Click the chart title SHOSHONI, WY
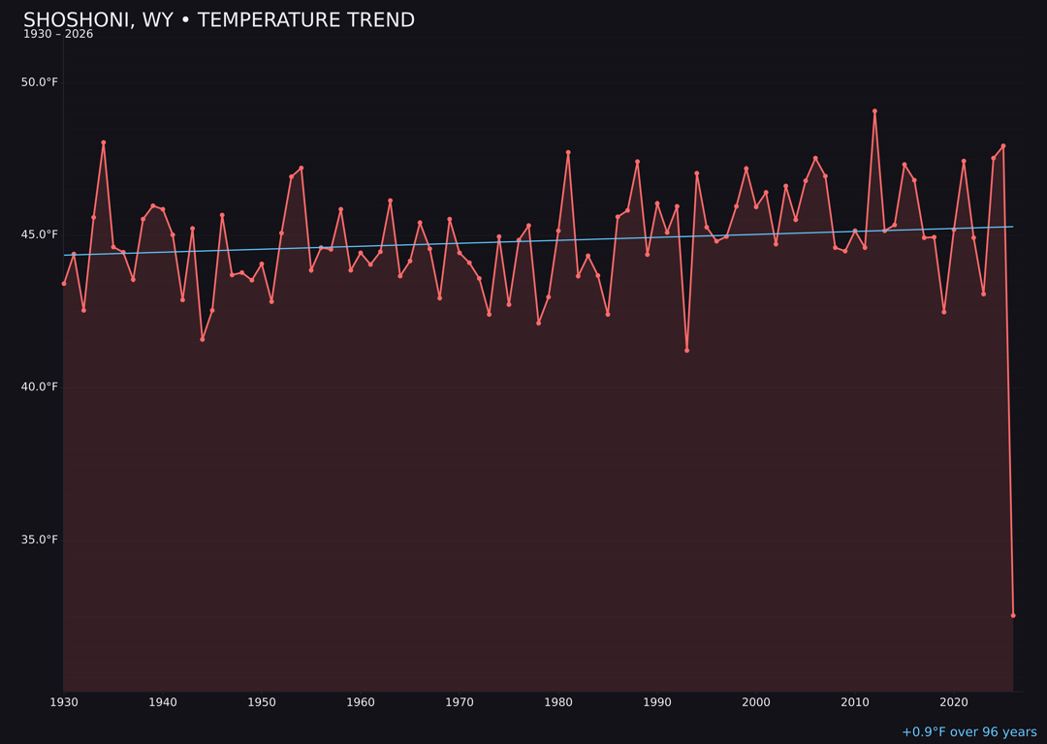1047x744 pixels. click(218, 20)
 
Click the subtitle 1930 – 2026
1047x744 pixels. click(58, 35)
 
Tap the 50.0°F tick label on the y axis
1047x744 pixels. click(40, 82)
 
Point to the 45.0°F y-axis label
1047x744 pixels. click(40, 234)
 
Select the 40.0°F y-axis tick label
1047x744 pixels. click(40, 387)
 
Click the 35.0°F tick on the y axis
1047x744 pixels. click(40, 540)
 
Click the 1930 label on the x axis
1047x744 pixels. click(64, 702)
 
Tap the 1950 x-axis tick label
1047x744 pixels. click(262, 702)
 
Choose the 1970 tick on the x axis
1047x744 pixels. click(460, 702)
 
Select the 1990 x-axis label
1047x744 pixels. click(657, 702)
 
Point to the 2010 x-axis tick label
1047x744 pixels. click(855, 702)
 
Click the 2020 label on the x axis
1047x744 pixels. click(954, 702)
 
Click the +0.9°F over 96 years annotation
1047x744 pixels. click(968, 732)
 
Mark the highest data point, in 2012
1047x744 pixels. click(874, 111)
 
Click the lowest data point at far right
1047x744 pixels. click(1013, 615)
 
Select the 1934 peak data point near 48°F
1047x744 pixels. click(104, 142)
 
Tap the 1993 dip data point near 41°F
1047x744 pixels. click(686, 351)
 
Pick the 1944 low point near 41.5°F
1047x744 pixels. click(203, 339)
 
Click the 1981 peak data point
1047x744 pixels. click(568, 152)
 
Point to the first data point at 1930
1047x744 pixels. click(64, 284)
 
